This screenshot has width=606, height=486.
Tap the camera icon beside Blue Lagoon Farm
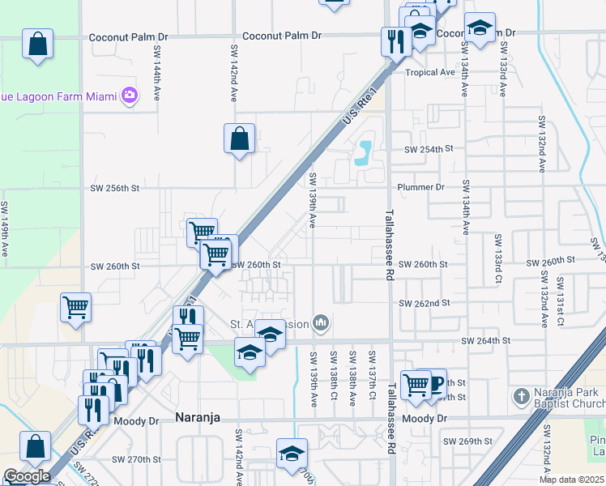click(130, 96)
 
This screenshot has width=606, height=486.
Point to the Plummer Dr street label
click(420, 187)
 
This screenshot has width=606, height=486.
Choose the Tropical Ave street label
click(430, 72)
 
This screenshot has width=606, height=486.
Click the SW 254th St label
click(429, 149)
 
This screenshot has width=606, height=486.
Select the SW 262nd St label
click(424, 303)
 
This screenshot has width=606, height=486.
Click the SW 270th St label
click(139, 459)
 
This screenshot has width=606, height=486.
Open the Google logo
click(28, 476)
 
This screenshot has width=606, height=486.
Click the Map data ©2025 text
click(571, 480)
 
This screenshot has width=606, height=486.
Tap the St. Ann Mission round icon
click(322, 324)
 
